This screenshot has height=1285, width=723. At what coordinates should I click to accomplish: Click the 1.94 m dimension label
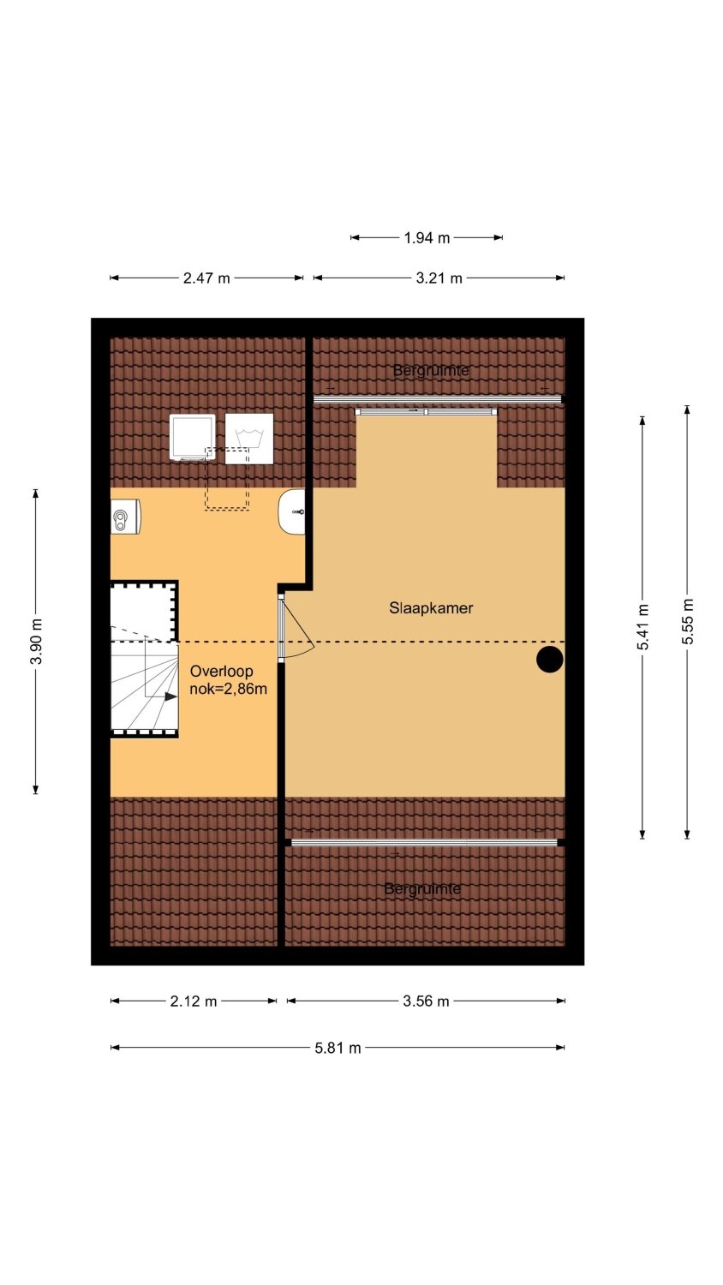(427, 237)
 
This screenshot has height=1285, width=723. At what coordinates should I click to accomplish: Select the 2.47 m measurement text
(206, 278)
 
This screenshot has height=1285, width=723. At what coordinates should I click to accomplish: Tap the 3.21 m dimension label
(439, 278)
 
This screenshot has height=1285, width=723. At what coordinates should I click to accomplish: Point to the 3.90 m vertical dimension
(36, 642)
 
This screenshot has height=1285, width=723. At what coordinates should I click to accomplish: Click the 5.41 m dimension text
(642, 627)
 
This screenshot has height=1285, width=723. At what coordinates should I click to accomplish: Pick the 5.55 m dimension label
(687, 621)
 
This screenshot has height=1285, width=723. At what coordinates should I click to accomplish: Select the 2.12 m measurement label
(194, 1001)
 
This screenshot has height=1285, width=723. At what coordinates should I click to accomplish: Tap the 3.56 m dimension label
(426, 1001)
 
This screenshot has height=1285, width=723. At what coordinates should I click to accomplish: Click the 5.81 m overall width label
(338, 1048)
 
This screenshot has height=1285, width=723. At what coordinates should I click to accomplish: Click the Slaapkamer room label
(431, 608)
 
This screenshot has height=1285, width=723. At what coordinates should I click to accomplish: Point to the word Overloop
(222, 671)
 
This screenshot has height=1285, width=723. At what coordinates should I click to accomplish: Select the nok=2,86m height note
(229, 689)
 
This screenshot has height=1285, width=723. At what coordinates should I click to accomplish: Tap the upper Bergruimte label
(431, 371)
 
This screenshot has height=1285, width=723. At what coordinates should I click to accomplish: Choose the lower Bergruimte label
(422, 889)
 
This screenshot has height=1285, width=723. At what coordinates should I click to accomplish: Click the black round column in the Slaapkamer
(550, 659)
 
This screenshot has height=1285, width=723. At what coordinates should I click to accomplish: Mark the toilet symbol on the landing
(125, 517)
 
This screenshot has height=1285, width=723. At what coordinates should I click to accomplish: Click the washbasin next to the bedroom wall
(292, 511)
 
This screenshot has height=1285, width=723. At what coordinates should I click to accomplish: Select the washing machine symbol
(249, 439)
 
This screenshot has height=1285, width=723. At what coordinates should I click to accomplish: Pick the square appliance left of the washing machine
(192, 437)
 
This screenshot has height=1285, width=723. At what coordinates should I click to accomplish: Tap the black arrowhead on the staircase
(171, 696)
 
